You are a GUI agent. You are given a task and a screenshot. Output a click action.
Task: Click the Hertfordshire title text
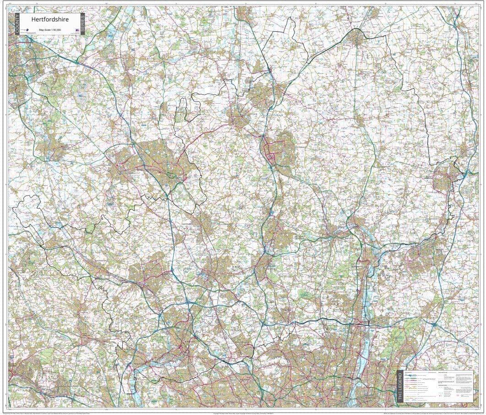(x=50, y=19)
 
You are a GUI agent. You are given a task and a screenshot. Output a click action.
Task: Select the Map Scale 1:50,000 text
(x=50, y=30)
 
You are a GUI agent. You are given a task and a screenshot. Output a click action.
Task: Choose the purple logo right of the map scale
(x=76, y=30)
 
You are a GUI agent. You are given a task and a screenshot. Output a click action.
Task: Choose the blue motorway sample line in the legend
(x=414, y=375)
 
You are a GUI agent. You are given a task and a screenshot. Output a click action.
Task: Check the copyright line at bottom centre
(x=243, y=412)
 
